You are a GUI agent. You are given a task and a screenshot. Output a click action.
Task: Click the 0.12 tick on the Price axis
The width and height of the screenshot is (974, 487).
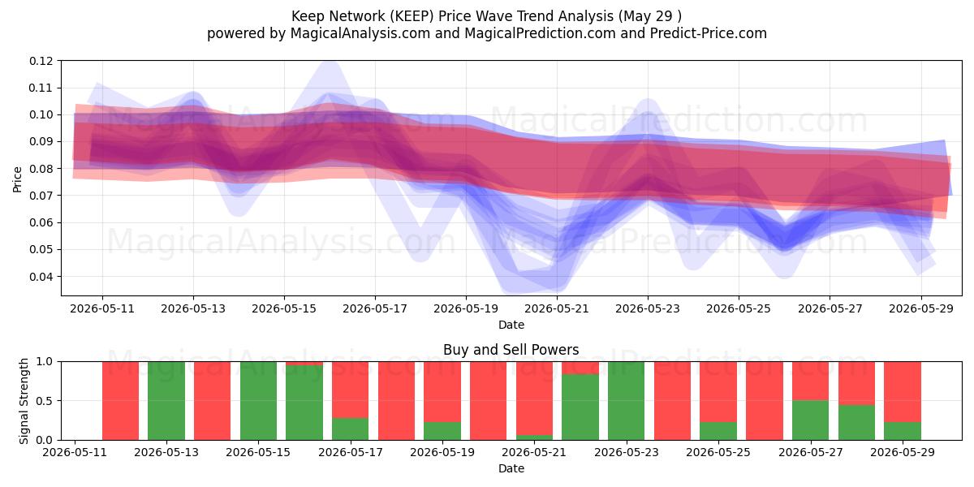(41, 62)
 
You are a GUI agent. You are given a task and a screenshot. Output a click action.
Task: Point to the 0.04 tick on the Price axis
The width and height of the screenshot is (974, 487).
(41, 277)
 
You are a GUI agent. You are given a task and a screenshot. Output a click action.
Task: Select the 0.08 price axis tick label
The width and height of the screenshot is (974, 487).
(41, 169)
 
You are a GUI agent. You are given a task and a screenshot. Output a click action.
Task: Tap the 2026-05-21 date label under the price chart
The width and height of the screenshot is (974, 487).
(557, 309)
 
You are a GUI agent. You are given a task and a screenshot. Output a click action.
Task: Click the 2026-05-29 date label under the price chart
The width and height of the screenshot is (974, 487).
(921, 309)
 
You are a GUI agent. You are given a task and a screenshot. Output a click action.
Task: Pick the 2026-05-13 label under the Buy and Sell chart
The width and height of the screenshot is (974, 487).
(166, 453)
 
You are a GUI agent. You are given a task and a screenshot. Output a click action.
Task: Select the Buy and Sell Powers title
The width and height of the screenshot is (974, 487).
(511, 350)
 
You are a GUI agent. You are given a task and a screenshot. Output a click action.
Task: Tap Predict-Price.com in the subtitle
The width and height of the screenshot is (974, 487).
(709, 33)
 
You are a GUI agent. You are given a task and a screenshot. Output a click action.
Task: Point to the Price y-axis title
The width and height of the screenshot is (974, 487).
(17, 179)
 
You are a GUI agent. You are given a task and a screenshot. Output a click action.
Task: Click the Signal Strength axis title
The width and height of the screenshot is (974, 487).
(24, 401)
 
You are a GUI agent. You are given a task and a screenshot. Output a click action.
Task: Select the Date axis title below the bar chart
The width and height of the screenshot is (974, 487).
(511, 469)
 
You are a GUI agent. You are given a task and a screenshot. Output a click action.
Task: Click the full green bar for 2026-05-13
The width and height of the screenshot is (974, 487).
(166, 401)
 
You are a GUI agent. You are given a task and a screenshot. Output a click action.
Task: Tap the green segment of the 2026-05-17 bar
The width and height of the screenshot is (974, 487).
(350, 429)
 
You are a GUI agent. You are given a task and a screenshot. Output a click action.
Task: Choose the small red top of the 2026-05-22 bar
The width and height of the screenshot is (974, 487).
(580, 368)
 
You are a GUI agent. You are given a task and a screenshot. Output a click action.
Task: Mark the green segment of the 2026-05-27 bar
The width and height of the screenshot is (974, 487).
(810, 420)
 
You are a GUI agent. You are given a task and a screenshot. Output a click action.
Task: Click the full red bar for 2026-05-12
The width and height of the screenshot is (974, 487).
(120, 401)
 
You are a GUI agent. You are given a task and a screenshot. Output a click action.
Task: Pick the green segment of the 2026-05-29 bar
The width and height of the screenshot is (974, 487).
(903, 431)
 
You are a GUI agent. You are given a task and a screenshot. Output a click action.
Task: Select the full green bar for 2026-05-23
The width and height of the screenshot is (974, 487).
(626, 401)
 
